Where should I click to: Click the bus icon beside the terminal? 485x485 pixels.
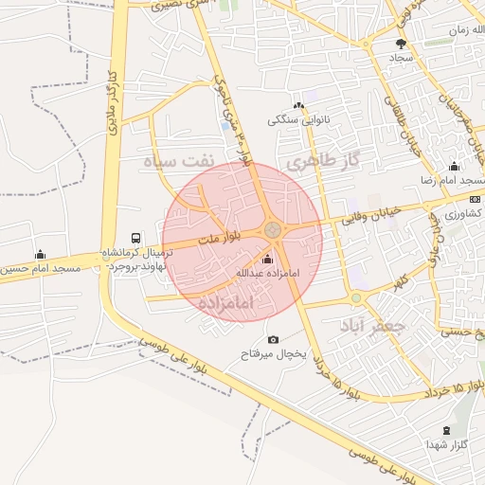(136, 239)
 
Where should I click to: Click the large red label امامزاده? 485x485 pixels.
(228, 303)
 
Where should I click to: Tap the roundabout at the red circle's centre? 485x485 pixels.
(273, 230)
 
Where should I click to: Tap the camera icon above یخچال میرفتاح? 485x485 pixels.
(274, 339)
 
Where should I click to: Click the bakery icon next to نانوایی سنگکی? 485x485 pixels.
(298, 105)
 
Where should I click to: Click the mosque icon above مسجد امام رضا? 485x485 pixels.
(454, 167)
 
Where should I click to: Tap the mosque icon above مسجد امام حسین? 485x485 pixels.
(40, 255)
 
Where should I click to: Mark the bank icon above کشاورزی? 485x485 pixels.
(475, 199)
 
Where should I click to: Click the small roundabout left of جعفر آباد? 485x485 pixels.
(356, 298)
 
